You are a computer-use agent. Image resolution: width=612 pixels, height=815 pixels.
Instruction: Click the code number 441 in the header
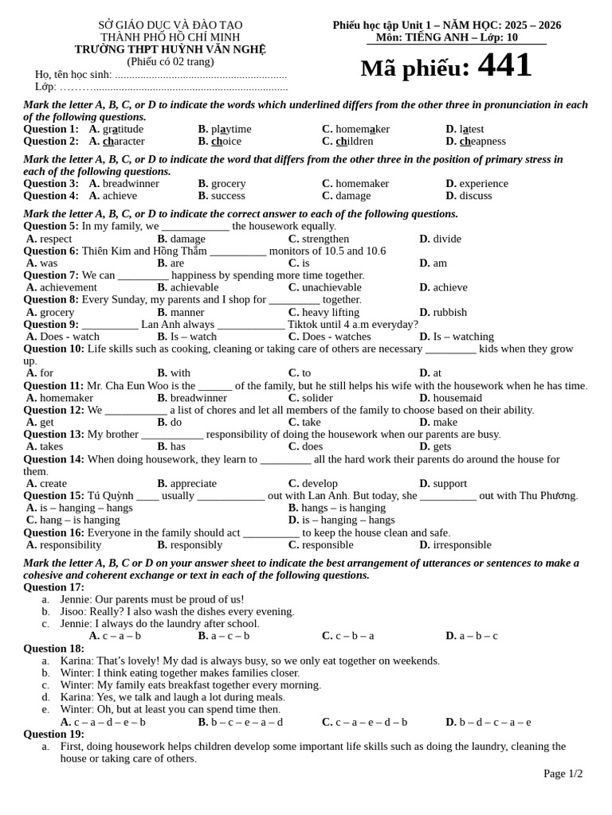504,66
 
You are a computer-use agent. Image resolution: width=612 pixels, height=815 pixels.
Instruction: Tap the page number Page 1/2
563,774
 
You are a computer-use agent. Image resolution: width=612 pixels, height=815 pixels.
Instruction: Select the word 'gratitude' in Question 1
123,129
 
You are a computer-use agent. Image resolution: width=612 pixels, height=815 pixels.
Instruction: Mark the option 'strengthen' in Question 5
325,239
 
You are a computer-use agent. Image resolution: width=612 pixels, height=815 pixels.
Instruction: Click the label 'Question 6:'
51,251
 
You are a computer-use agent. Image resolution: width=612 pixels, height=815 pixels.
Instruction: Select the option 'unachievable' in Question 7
335,287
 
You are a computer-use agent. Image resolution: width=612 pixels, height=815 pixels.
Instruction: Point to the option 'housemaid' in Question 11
457,398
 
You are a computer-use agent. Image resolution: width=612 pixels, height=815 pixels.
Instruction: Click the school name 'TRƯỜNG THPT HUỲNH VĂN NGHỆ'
170,49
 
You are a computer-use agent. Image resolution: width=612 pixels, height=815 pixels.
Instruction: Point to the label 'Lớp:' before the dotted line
45,87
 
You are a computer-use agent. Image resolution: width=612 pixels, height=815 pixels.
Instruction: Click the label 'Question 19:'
53,734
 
